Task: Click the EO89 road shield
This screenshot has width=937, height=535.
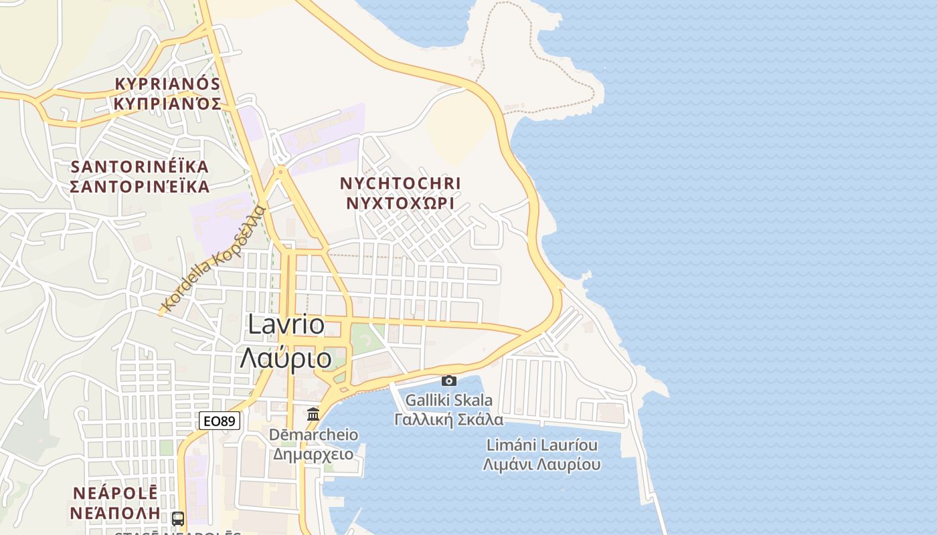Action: click(220, 421)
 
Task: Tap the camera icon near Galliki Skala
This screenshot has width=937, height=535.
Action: click(449, 381)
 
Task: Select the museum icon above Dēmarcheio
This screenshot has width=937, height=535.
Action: click(313, 414)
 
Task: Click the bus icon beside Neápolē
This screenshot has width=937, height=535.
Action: click(178, 518)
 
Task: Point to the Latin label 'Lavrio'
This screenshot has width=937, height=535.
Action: click(286, 324)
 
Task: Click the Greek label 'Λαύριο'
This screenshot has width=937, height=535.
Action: click(286, 358)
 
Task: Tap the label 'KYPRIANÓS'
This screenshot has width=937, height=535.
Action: click(167, 84)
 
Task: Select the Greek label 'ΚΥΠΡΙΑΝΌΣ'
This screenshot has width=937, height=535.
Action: click(167, 104)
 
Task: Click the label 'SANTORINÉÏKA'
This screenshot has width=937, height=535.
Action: click(140, 166)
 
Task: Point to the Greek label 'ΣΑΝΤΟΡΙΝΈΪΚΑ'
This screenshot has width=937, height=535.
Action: click(140, 187)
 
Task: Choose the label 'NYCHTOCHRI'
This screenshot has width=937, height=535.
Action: click(400, 183)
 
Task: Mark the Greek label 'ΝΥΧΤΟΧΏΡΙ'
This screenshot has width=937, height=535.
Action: click(400, 203)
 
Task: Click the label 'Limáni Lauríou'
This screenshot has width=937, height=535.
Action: click(542, 445)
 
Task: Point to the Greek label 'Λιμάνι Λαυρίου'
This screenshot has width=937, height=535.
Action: click(542, 464)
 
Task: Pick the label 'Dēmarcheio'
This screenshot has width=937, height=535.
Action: click(313, 435)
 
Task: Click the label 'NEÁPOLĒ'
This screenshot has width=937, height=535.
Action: click(114, 493)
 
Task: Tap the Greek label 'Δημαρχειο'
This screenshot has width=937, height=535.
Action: click(313, 454)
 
